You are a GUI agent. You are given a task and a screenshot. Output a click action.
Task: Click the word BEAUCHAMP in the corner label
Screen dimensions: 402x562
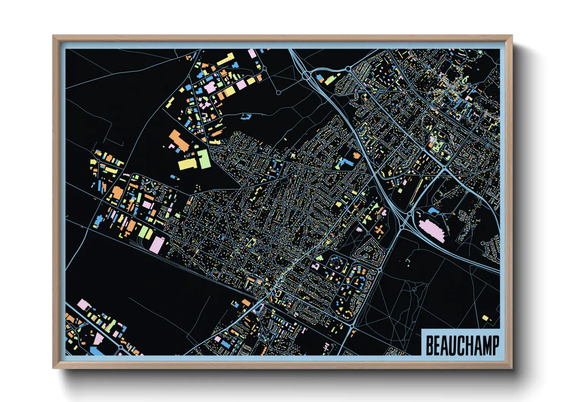tap(462, 345)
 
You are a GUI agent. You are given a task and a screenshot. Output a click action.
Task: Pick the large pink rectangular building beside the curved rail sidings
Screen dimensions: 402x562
tap(156, 244)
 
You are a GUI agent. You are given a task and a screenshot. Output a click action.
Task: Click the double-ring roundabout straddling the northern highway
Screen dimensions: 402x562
tap(306, 75)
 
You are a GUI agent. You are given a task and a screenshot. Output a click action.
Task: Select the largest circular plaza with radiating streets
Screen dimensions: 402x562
tap(224, 210)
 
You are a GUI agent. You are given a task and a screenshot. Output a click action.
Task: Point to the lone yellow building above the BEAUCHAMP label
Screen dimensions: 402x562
tap(485, 318)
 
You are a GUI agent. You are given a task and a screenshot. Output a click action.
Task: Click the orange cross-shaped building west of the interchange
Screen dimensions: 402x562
tap(379, 230)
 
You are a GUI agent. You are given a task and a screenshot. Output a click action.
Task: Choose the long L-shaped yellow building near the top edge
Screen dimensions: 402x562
tap(226, 59)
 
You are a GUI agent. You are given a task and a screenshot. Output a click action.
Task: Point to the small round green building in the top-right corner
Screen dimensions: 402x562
tap(480, 52)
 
